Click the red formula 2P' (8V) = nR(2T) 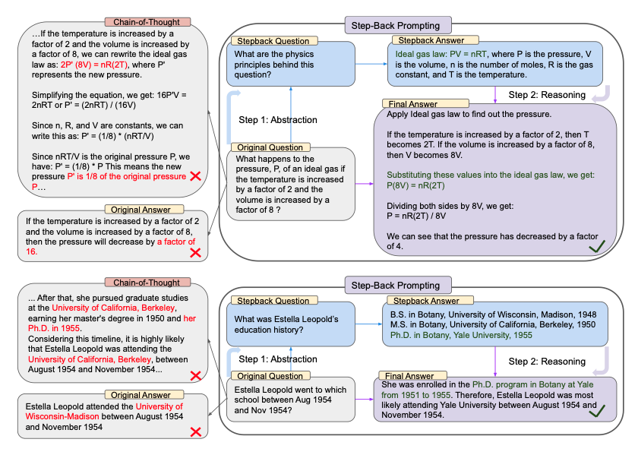pyautogui.click(x=94, y=65)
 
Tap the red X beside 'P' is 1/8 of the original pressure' pyautogui.click(x=196, y=176)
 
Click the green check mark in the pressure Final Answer pyautogui.click(x=597, y=246)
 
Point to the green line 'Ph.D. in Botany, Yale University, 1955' pyautogui.click(x=461, y=335)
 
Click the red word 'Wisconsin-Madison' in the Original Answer pyautogui.click(x=62, y=416)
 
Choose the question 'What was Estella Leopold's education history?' pyautogui.click(x=286, y=324)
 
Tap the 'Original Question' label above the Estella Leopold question pyautogui.click(x=270, y=376)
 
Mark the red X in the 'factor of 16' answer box pyautogui.click(x=196, y=253)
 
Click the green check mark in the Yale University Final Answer pyautogui.click(x=597, y=411)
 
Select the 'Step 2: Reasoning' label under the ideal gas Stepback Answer pyautogui.click(x=547, y=95)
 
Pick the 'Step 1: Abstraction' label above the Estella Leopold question pyautogui.click(x=278, y=359)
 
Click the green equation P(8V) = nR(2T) pyautogui.click(x=416, y=185)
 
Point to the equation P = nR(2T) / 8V pyautogui.click(x=416, y=216)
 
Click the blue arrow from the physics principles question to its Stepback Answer pyautogui.click(x=371, y=64)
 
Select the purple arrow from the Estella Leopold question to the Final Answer pyautogui.click(x=364, y=400)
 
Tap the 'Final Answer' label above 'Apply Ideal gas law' pyautogui.click(x=413, y=104)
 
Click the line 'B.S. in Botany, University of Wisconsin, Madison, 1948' pyautogui.click(x=493, y=314)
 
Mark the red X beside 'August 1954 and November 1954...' pyautogui.click(x=196, y=376)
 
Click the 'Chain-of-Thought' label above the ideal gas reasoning pyautogui.click(x=147, y=22)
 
